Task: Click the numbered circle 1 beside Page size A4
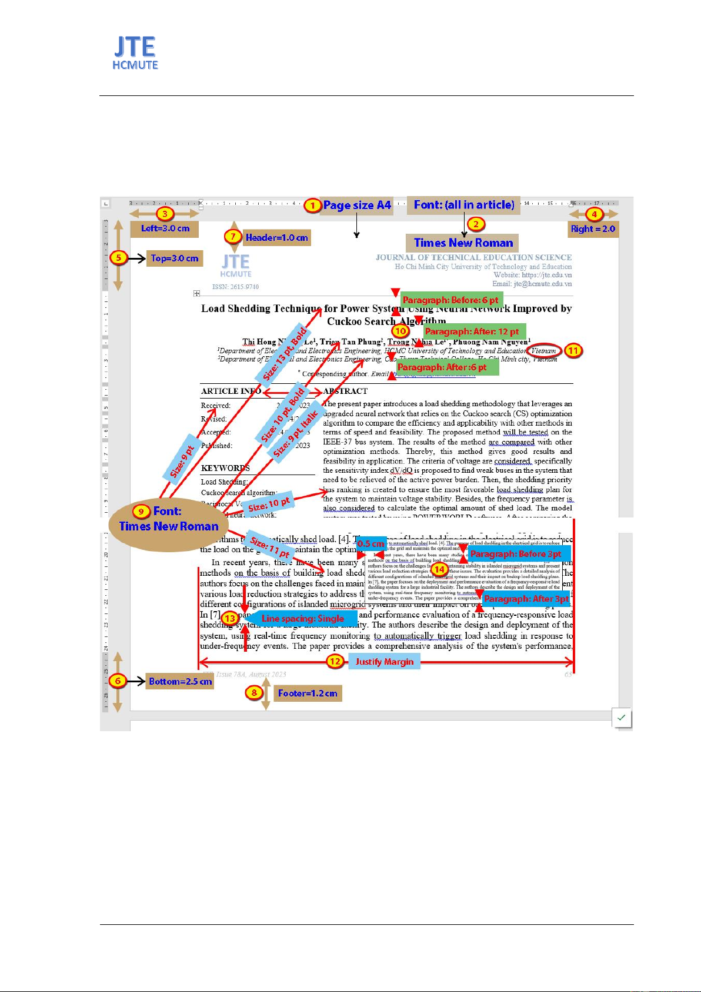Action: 312,205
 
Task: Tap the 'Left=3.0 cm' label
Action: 165,228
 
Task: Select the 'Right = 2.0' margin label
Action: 593,228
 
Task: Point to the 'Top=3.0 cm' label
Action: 174,258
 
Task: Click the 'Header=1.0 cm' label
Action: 276,237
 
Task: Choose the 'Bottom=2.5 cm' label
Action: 180,681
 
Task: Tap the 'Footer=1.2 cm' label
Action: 308,693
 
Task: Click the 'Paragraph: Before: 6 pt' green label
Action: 450,300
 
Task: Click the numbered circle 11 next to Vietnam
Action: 573,351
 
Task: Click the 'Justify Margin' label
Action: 384,662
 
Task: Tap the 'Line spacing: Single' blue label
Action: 302,618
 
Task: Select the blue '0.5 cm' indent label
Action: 370,544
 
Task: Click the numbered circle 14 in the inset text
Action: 439,569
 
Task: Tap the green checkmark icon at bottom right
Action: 622,718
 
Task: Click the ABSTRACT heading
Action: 345,391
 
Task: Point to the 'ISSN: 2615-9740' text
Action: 235,287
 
